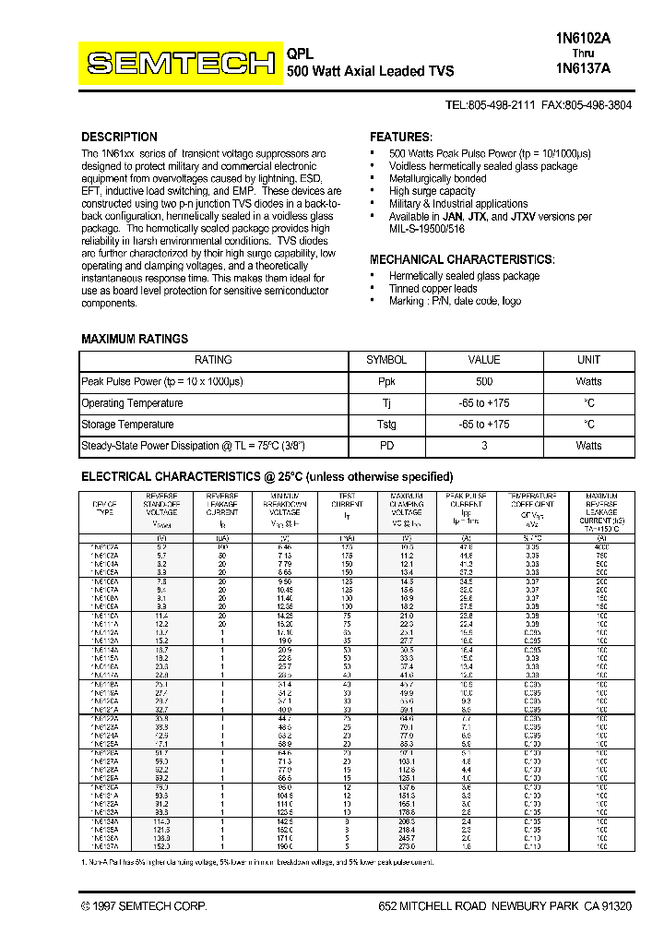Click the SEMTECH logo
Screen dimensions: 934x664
click(180, 63)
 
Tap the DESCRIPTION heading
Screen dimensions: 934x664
click(119, 137)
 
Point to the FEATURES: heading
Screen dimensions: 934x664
click(400, 137)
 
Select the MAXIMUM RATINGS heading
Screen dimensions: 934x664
click(135, 339)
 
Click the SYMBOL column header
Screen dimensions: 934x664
click(386, 360)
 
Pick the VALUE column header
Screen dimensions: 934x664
click(484, 360)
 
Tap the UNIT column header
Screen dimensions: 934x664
click(588, 360)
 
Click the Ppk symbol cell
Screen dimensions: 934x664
click(386, 381)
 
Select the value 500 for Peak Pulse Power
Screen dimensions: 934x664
click(484, 381)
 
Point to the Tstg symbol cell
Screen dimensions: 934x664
click(386, 425)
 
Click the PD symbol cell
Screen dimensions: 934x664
click(386, 446)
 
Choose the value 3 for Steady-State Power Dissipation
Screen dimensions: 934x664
click(484, 446)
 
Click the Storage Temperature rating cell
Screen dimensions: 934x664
click(127, 425)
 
